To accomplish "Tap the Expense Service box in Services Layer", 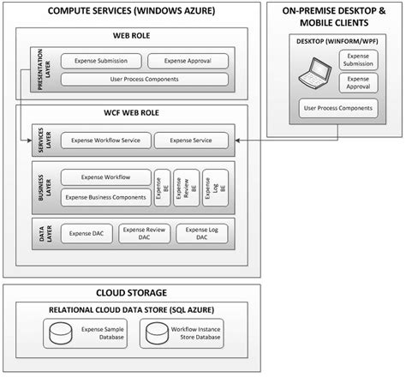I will pos(191,139).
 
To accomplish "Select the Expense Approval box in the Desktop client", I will pos(360,82).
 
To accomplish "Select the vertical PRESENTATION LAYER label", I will pos(36,69).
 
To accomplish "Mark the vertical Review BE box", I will pos(181,188).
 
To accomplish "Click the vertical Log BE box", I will pos(208,188).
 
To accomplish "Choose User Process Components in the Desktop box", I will pos(337,109).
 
